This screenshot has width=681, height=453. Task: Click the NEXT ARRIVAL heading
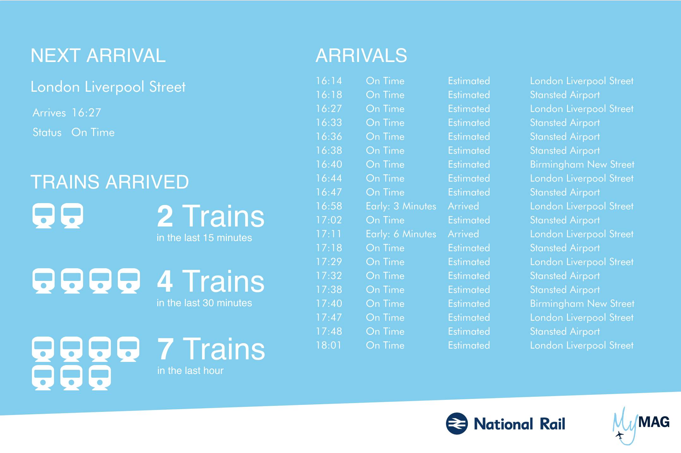coord(98,56)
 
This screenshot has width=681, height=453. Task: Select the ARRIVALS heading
coord(361,56)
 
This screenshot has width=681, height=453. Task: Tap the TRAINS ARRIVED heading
coord(110,182)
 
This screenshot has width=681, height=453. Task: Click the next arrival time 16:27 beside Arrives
coord(86,113)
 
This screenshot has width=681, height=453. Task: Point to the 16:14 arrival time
coord(329,81)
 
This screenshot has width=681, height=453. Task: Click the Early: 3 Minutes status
coord(401,206)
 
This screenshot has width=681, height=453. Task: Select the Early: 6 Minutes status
coord(401,234)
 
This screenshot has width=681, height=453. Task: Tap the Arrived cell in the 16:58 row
coord(463,206)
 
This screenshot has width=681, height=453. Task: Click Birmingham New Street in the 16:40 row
coord(582,164)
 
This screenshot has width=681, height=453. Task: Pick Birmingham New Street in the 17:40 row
coord(582,304)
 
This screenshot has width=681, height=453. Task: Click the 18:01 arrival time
coord(329,345)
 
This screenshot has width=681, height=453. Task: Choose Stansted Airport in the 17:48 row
coord(565,332)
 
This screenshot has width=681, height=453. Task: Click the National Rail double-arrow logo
coord(456,424)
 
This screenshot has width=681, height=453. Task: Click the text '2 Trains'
coord(210,217)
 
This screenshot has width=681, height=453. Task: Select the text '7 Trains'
coord(211,349)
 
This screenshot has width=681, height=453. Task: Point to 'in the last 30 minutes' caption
coord(204,303)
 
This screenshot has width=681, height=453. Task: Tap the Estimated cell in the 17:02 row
coord(469,220)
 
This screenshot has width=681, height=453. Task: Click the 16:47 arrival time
coord(329,192)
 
